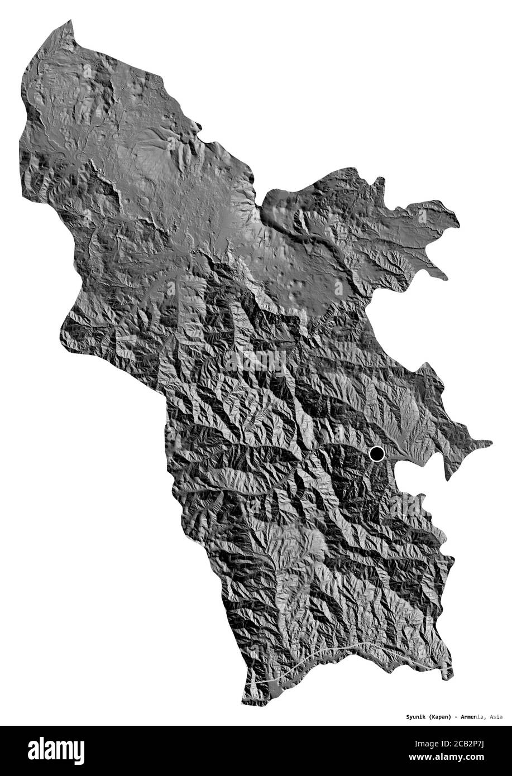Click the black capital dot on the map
tap(377, 454)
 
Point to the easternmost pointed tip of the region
tap(491, 444)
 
